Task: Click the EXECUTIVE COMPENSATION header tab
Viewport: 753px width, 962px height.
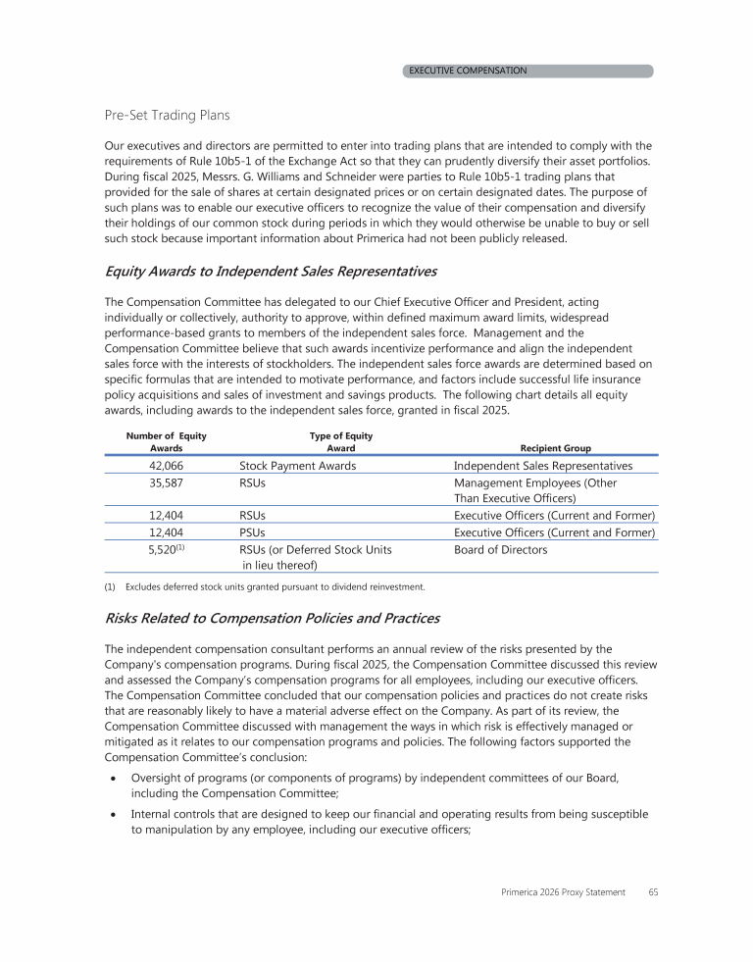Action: (x=527, y=71)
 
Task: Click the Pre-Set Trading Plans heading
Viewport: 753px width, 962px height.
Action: (x=168, y=116)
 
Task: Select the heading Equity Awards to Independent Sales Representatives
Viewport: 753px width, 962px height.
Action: (x=271, y=271)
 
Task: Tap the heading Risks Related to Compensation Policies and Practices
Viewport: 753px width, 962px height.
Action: (x=272, y=619)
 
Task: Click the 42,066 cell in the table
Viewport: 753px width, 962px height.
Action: (x=166, y=466)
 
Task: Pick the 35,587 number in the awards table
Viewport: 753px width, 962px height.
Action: (x=166, y=483)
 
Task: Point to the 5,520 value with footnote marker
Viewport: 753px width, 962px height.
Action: (x=166, y=550)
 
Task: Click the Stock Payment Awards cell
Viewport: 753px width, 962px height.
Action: (x=297, y=466)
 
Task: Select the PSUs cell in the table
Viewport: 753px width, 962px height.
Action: (x=254, y=532)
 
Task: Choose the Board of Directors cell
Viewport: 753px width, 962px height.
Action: (x=501, y=550)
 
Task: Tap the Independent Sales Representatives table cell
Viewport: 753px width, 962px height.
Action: (x=543, y=466)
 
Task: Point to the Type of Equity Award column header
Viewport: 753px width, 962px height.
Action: (x=340, y=441)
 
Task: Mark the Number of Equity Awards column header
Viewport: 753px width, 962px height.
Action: (x=166, y=441)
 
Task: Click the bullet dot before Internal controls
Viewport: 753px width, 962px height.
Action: (x=116, y=815)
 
